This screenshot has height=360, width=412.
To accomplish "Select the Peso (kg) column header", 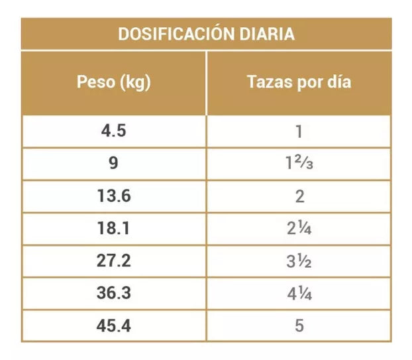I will [114, 82].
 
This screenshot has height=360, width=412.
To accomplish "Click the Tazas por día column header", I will [299, 82].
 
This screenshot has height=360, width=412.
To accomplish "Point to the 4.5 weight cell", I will [113, 131].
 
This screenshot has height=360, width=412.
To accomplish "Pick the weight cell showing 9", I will [113, 164].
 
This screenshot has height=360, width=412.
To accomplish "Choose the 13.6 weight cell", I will [113, 196].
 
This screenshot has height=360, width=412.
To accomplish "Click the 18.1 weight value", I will [113, 229].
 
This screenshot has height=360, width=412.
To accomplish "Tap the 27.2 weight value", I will [113, 262].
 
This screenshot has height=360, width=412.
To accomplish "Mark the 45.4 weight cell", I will [113, 327].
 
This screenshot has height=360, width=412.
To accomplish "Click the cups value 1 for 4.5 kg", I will [299, 131].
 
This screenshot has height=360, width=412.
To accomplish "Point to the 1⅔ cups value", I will [299, 164].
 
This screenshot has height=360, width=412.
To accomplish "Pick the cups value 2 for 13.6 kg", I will [299, 196].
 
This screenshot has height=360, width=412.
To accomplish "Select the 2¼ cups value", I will [299, 229].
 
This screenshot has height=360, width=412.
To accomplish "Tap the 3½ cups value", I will [299, 262].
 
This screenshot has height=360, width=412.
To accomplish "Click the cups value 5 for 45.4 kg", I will [299, 327].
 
